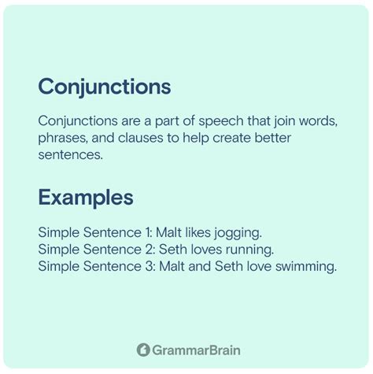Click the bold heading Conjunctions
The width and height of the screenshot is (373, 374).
click(104, 85)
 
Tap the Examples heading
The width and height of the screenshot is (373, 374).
click(85, 197)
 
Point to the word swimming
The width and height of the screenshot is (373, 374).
click(308, 267)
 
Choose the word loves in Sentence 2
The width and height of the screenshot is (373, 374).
click(200, 250)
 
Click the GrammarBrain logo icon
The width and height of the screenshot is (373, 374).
click(144, 349)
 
